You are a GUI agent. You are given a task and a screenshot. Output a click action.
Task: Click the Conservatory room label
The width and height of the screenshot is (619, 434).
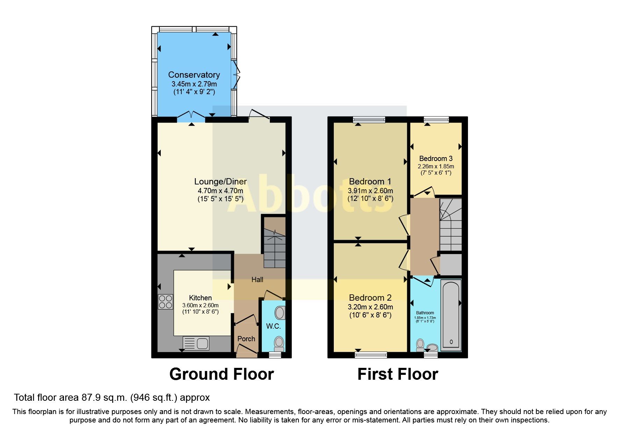click(x=194, y=75)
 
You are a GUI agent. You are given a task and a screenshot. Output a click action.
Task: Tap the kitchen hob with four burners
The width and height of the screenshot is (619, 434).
click(x=165, y=302)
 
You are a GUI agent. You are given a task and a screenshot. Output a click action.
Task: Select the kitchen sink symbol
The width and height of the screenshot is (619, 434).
click(x=196, y=343)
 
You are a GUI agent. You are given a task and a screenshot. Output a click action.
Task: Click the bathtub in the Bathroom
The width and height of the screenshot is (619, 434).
click(x=451, y=315)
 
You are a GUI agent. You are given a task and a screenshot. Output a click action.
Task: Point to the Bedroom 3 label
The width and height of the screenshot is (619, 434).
click(x=436, y=159)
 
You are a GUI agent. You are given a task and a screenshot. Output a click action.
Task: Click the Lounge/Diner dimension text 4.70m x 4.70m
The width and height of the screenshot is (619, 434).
click(x=220, y=191)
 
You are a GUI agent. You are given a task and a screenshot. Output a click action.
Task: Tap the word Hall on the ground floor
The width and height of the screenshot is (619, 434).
click(x=257, y=279)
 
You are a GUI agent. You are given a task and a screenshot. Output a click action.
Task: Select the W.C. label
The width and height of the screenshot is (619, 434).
click(x=273, y=326)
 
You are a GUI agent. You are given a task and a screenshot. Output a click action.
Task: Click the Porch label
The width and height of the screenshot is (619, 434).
click(x=246, y=339)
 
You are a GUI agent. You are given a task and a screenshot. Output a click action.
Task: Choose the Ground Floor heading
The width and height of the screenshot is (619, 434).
click(x=221, y=374)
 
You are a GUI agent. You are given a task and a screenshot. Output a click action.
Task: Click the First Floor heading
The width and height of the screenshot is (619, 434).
click(x=397, y=374)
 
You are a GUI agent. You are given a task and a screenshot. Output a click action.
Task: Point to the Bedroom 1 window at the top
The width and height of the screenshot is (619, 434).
click(x=369, y=120)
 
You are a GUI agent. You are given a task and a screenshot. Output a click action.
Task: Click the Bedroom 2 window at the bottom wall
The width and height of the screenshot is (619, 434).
click(x=371, y=355)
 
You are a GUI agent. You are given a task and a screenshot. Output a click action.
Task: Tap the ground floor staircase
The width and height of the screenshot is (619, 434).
click(x=274, y=245)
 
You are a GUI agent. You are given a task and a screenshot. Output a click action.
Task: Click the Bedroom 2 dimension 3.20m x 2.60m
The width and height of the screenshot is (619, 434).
click(x=370, y=307)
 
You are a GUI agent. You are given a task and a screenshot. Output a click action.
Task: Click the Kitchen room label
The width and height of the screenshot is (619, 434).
click(x=200, y=298)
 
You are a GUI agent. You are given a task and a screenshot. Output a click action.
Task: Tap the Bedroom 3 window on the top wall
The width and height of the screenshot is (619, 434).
click(x=436, y=120)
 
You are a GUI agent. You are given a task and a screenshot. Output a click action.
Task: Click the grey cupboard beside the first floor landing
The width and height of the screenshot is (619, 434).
click(x=451, y=265)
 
